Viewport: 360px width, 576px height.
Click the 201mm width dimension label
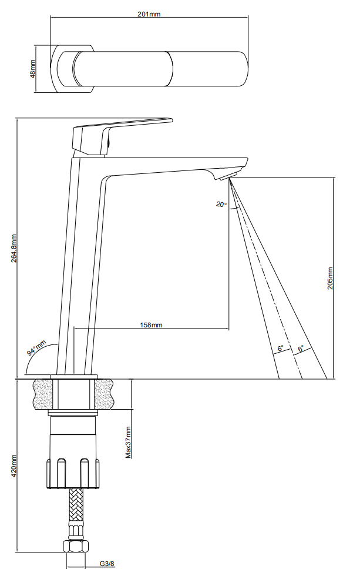pos(149,14)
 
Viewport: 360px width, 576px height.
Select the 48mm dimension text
pos(33,69)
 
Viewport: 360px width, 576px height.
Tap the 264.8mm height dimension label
pos(14,248)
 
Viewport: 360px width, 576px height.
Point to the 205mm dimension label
pos(330,278)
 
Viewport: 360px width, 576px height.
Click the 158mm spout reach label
pos(151,324)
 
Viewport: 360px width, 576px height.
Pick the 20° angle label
pos(221,205)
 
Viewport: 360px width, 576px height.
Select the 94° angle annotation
pos(36,348)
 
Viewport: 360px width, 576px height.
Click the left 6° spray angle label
pos(280,348)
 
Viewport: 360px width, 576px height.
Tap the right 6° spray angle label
pos(301,348)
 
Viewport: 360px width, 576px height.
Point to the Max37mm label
pos(128,442)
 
